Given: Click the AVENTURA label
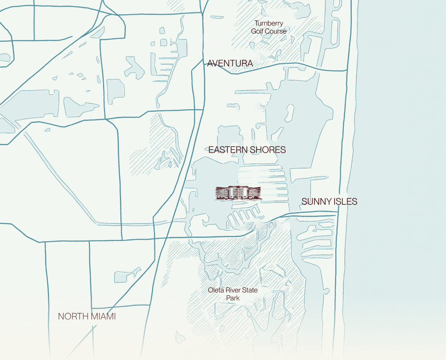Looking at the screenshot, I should [230, 63].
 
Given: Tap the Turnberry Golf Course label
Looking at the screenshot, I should [269, 27].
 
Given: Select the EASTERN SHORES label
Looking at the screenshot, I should [247, 150].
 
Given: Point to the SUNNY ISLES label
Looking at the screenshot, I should [329, 201].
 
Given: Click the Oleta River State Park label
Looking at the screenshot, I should [233, 294].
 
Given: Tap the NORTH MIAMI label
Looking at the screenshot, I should [87, 317].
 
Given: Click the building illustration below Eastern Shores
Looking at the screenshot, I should [238, 193].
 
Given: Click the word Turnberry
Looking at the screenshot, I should [269, 23].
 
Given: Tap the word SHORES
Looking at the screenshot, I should [267, 150].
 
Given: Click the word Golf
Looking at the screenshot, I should [258, 31].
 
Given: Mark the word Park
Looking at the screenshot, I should [233, 298].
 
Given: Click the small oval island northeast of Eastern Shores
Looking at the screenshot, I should [289, 112].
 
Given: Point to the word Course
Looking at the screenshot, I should [276, 31].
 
